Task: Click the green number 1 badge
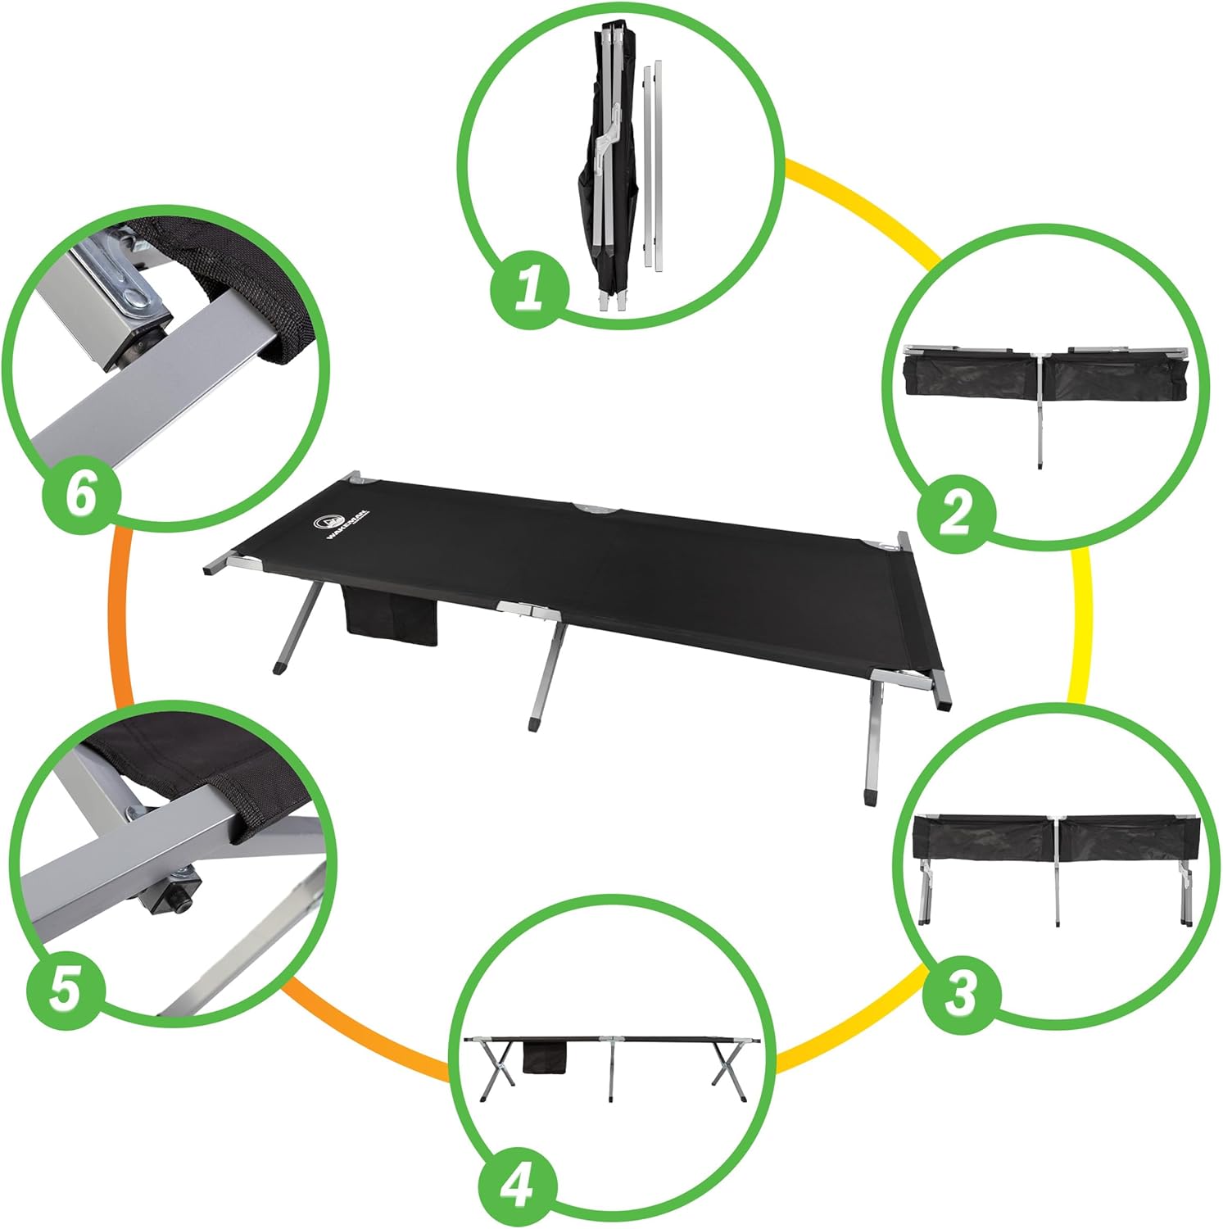529,289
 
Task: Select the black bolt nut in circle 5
174,891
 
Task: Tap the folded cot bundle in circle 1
608,172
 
